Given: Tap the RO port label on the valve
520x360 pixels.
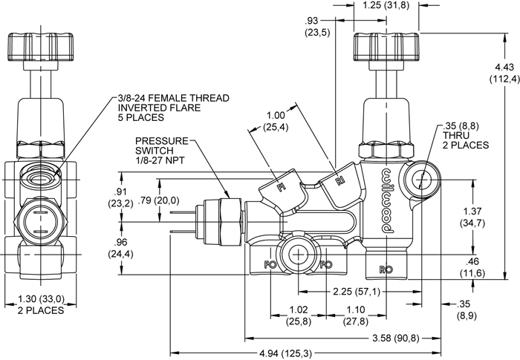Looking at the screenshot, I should tap(386, 268).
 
